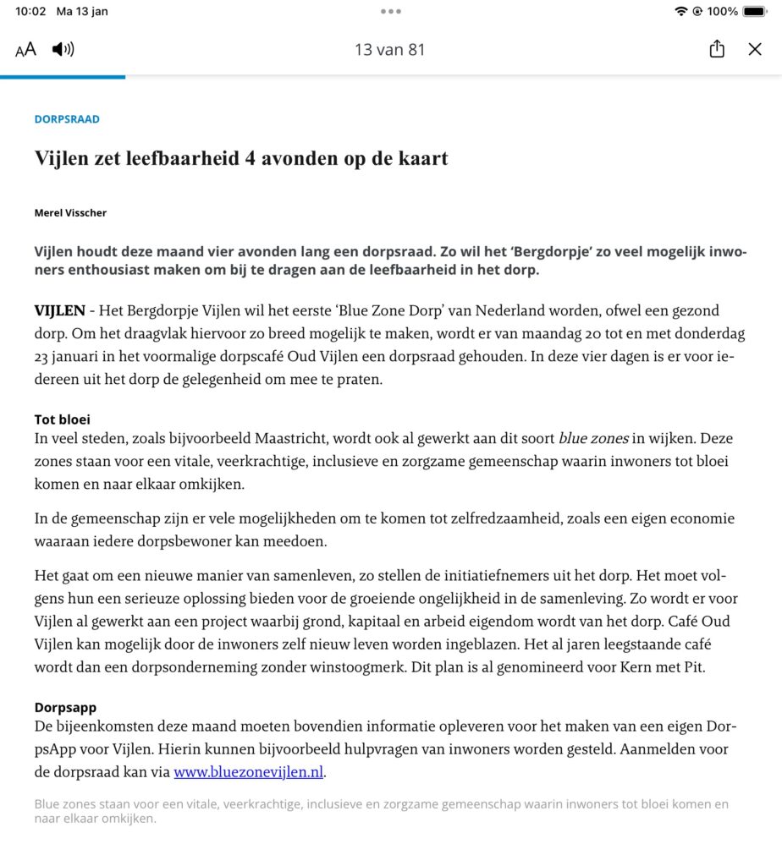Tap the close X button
755,49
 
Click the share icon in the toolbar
717,49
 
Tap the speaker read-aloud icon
63,49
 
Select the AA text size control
26,49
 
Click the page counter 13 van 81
389,49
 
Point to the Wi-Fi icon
681,12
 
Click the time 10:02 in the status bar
30,12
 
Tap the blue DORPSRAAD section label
67,119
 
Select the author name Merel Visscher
70,212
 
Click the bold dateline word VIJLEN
59,311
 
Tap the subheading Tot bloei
62,419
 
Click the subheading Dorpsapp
65,707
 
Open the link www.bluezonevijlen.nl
249,771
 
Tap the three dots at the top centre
390,12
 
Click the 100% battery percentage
723,12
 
